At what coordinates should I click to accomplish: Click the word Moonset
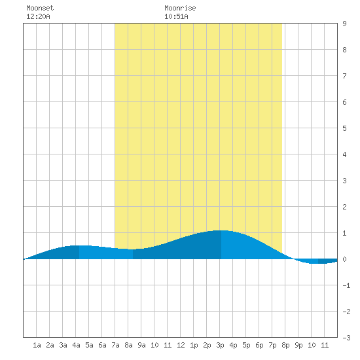pos(40,8)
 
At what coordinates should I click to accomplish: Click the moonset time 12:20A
pos(38,16)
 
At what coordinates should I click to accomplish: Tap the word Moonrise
pos(180,8)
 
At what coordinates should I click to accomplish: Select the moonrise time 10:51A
pos(176,16)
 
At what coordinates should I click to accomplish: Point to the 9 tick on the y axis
pos(344,24)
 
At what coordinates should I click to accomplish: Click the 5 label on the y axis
pos(344,128)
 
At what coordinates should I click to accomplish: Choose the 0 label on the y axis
pos(344,259)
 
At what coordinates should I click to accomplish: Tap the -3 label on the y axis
pos(346,338)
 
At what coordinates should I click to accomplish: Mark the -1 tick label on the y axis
pos(346,285)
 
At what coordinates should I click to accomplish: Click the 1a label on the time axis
pos(37,345)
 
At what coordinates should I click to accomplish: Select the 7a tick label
pos(115,345)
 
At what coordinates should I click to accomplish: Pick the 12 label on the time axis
pos(181,345)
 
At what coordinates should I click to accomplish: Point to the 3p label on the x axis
pos(220,345)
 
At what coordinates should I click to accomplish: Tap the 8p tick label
pos(285,345)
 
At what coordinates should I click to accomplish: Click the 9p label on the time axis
pos(298,345)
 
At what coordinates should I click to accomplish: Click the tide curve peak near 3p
pos(221,230)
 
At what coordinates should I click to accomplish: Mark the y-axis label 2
pos(344,207)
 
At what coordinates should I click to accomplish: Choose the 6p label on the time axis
pos(259,345)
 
